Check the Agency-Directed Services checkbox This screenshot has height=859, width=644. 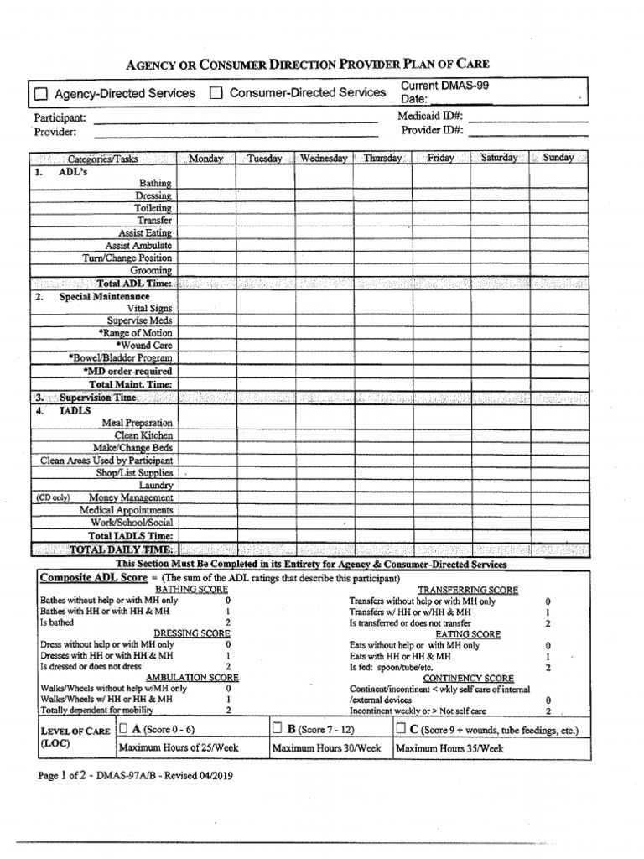tap(41, 94)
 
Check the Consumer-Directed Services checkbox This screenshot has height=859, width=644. tap(216, 93)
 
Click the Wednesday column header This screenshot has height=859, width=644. tap(323, 159)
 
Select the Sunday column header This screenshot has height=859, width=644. tap(558, 158)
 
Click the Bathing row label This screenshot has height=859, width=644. tap(155, 183)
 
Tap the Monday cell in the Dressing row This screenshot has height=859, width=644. tap(205, 195)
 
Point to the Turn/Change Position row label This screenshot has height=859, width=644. tap(127, 258)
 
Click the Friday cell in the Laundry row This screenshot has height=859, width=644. tap(440, 485)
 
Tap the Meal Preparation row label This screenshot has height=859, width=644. tap(138, 423)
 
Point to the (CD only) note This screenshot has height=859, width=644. tap(53, 497)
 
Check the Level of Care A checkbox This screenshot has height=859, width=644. tap(124, 729)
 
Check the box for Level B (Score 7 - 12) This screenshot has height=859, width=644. tap(278, 729)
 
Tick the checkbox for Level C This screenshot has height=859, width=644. tap(402, 729)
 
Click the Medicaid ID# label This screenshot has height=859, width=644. tap(430, 117)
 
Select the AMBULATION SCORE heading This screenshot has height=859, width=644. tap(193, 676)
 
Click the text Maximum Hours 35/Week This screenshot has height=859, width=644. tap(449, 748)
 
